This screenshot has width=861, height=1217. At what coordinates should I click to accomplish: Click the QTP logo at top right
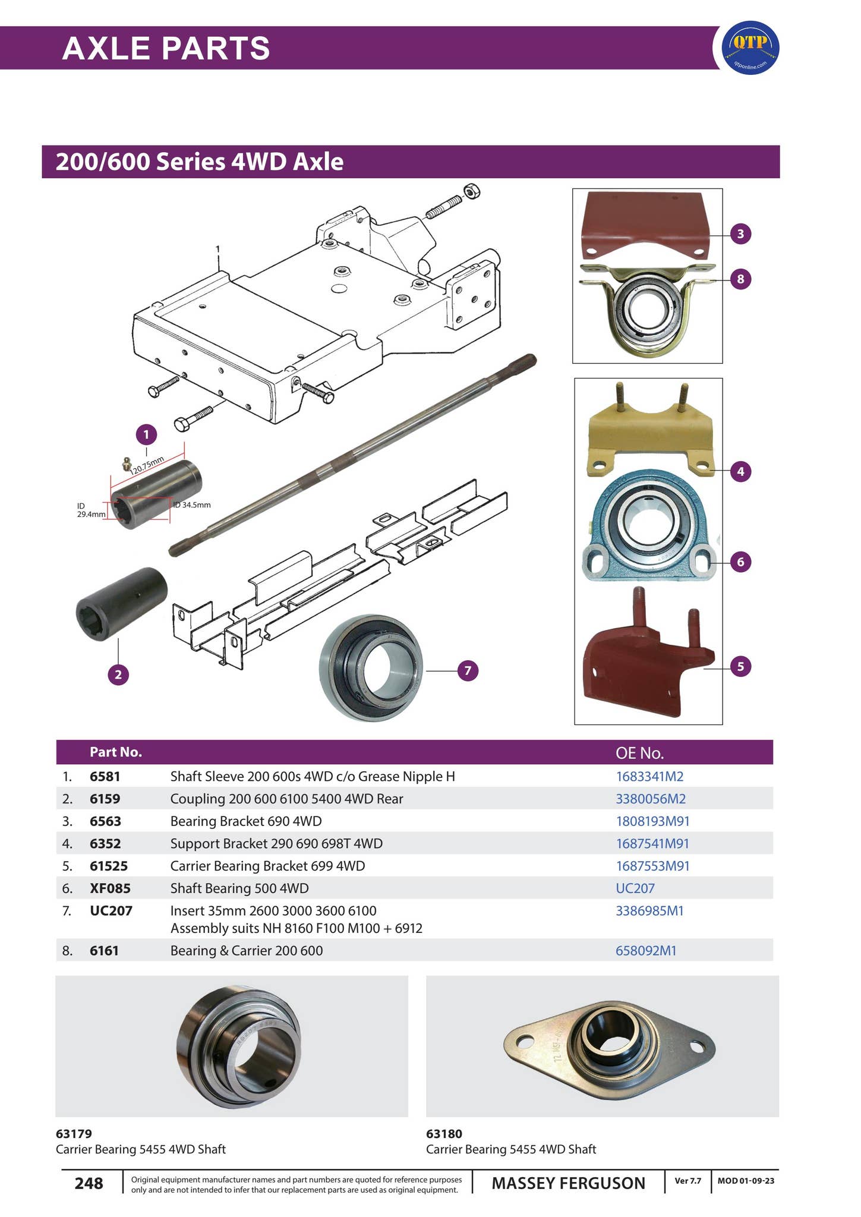click(749, 48)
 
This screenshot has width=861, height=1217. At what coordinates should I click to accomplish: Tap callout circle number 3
click(740, 234)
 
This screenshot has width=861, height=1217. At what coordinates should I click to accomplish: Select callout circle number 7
click(468, 671)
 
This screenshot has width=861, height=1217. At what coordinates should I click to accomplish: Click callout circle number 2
click(118, 674)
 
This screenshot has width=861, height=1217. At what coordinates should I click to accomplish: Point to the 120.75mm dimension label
click(147, 465)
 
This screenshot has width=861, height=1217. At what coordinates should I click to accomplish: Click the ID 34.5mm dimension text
click(192, 505)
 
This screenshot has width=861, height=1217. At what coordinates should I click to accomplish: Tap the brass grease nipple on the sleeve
click(126, 463)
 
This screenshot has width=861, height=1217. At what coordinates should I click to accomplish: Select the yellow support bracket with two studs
click(649, 436)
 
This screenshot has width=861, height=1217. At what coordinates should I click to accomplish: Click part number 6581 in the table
click(105, 776)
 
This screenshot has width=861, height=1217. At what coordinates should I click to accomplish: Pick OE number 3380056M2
click(651, 799)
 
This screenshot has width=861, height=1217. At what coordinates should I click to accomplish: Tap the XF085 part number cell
click(110, 888)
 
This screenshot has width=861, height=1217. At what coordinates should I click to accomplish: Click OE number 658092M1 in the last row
click(646, 950)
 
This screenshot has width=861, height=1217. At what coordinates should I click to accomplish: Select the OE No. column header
click(639, 753)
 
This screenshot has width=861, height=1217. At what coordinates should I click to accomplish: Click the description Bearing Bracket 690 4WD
click(245, 821)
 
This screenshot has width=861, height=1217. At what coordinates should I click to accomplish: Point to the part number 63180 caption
click(444, 1133)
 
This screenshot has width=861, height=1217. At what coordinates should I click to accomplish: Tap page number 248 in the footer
click(89, 1183)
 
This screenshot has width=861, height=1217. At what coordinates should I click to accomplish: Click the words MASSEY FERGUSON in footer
click(568, 1183)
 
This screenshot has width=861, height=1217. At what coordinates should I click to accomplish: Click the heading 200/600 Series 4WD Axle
click(200, 162)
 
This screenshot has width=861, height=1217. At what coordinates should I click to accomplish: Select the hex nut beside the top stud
click(471, 192)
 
